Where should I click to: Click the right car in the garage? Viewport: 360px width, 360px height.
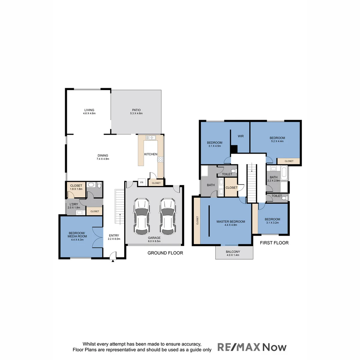pyautogui.click(x=167, y=216)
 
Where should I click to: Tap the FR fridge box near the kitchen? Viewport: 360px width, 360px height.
pyautogui.click(x=142, y=183)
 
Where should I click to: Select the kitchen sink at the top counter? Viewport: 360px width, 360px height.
pyautogui.click(x=151, y=137)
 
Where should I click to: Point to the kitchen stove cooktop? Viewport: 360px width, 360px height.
pyautogui.click(x=160, y=159)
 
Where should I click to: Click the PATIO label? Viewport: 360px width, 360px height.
pyautogui.click(x=136, y=110)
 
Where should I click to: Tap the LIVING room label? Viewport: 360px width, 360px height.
pyautogui.click(x=89, y=110)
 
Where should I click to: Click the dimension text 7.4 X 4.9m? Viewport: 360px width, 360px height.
pyautogui.click(x=103, y=159)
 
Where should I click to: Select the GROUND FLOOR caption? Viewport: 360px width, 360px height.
pyautogui.click(x=165, y=253)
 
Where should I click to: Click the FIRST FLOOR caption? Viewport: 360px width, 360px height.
pyautogui.click(x=274, y=243)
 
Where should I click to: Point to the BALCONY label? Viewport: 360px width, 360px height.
pyautogui.click(x=233, y=252)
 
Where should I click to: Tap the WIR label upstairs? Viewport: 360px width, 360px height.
pyautogui.click(x=241, y=136)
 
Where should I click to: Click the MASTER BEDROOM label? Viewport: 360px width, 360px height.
pyautogui.click(x=231, y=222)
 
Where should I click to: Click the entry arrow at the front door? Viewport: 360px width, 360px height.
pyautogui.click(x=113, y=261)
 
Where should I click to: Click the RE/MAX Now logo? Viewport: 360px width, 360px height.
pyautogui.click(x=252, y=347)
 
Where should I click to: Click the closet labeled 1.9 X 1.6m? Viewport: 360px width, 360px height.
pyautogui.click(x=76, y=189)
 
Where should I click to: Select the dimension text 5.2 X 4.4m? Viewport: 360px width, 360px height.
pyautogui.click(x=277, y=142)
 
